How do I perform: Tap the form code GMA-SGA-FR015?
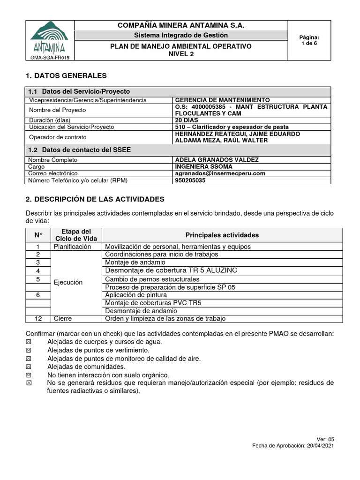coord(50,58)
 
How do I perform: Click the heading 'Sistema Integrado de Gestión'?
coord(181,35)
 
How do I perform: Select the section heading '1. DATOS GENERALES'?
coord(66,75)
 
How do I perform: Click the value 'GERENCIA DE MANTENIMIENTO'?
coord(222,100)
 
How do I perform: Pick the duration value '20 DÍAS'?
coord(187,120)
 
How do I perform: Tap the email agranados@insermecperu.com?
coord(220,173)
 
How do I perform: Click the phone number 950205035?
coord(190,180)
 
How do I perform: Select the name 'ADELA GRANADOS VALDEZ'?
coord(217,160)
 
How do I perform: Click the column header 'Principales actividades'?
coord(222,235)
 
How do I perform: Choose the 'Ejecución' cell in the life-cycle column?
coord(68,283)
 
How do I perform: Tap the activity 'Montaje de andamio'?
coord(135,262)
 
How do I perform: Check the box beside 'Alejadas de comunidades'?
coord(29,367)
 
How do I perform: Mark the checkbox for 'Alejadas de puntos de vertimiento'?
coord(29,350)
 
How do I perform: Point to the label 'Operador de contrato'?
coord(59,137)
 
